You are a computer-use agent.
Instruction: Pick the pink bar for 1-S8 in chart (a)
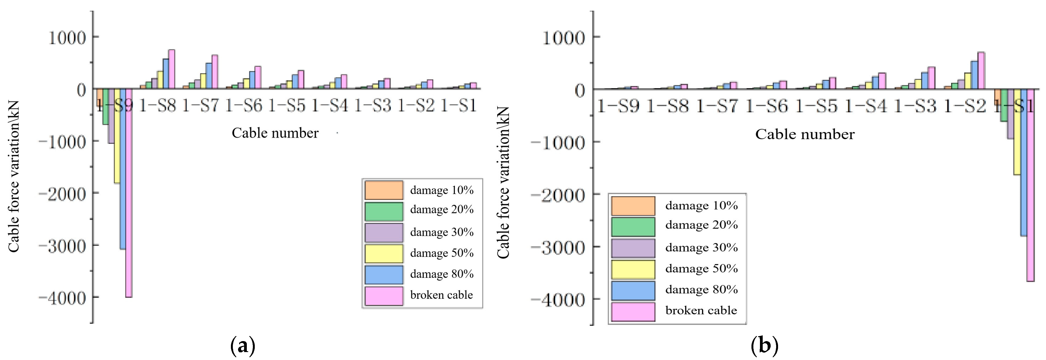tap(172, 69)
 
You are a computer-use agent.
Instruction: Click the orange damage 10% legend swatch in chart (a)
tap(384, 190)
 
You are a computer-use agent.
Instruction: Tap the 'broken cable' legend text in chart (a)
tap(441, 295)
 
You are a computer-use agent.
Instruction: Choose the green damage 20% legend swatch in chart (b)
tap(633, 227)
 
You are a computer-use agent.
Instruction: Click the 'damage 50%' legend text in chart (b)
tap(701, 269)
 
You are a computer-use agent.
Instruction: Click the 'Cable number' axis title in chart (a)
tap(275, 133)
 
